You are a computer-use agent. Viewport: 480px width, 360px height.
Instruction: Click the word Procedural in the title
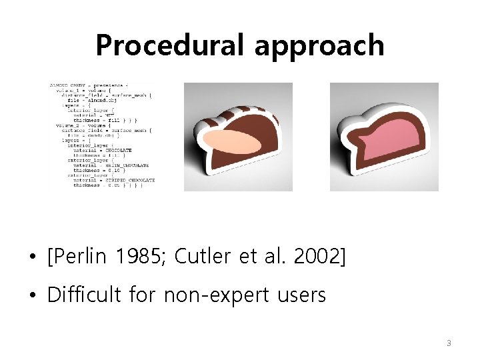point(171,45)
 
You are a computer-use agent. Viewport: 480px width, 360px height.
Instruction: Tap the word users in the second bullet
point(299,294)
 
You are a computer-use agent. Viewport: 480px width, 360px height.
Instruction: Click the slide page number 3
point(449,343)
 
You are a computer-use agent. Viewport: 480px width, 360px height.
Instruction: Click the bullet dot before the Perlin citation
point(31,257)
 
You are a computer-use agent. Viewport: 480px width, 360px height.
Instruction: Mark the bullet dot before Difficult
point(31,295)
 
